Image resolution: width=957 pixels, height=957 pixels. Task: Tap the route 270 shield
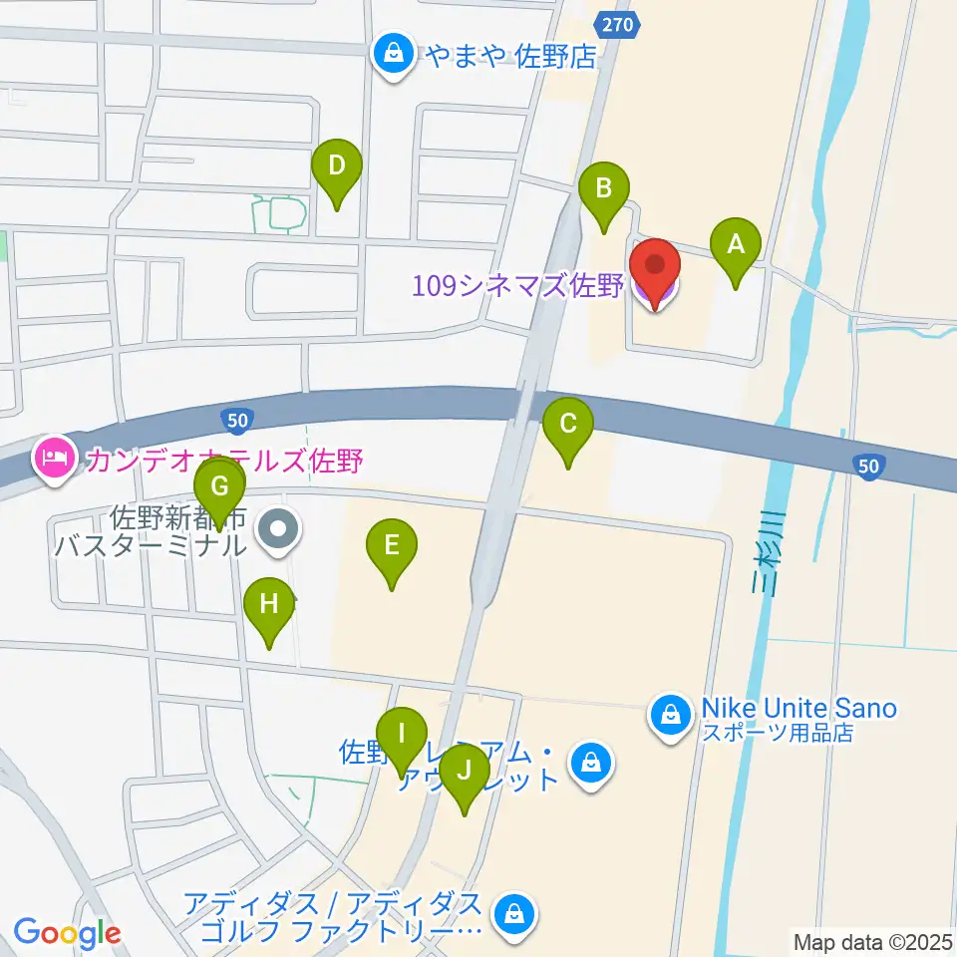point(616,24)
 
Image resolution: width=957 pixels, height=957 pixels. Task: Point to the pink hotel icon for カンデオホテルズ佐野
point(51,459)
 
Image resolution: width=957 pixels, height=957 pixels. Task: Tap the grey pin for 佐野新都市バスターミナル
point(279,528)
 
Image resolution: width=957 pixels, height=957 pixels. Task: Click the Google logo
point(67,933)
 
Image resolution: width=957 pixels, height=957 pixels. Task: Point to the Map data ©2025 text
point(872,941)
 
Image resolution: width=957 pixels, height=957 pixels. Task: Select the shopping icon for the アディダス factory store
point(514,912)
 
